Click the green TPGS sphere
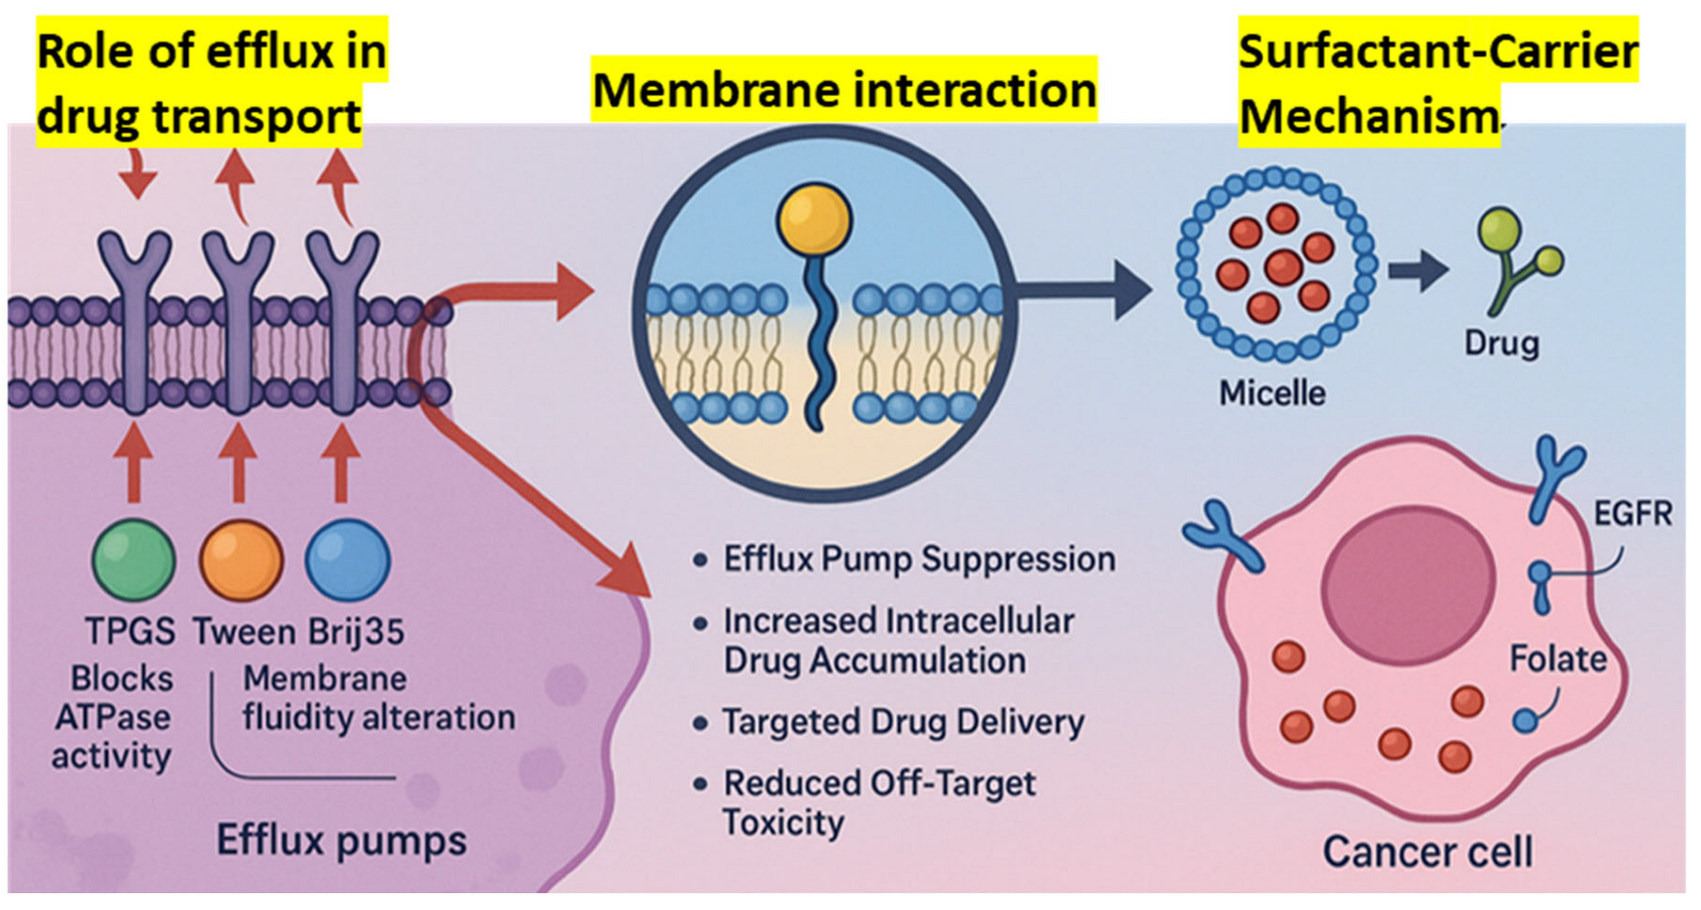pos(134,559)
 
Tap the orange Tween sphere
pos(241,559)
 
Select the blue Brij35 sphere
pos(348,559)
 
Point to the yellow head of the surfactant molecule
pos(814,217)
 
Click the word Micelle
pos(1271,393)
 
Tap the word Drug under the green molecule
pos(1501,344)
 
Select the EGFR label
pos(1632,514)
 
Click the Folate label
pos(1556,659)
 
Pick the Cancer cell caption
pos(1427,852)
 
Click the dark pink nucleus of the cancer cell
pos(1408,578)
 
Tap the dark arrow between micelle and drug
pos(1419,270)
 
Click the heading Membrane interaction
pos(844,90)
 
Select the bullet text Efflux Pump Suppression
pos(919,559)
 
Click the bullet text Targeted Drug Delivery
pos(902,722)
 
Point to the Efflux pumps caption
pos(342,841)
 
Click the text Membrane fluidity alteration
pos(378,698)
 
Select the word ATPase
pos(112,718)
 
